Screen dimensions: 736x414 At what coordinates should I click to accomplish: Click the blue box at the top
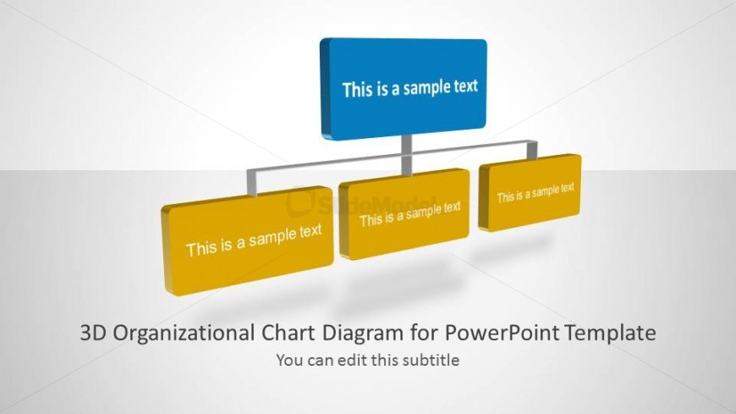[404, 88]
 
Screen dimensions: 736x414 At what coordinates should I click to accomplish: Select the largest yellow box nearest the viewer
[247, 240]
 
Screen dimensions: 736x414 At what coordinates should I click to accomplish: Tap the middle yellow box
[404, 214]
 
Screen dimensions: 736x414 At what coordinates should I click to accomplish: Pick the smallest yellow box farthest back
[530, 192]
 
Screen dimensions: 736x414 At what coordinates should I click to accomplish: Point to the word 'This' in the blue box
[357, 90]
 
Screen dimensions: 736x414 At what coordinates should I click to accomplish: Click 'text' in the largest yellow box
[310, 231]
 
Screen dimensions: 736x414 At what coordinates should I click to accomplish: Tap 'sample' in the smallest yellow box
[546, 192]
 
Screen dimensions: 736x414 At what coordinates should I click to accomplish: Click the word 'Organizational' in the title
[184, 334]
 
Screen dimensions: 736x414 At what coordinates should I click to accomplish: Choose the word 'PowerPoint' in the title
[502, 333]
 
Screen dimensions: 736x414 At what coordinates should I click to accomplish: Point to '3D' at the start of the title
[94, 333]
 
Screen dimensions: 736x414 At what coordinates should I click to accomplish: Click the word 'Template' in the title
[610, 334]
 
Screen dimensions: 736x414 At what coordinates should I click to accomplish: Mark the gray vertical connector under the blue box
[406, 155]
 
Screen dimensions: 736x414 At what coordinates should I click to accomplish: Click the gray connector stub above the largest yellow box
[252, 182]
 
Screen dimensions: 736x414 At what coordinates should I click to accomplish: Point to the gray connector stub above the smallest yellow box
[532, 150]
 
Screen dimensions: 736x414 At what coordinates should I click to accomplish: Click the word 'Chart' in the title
[288, 333]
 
